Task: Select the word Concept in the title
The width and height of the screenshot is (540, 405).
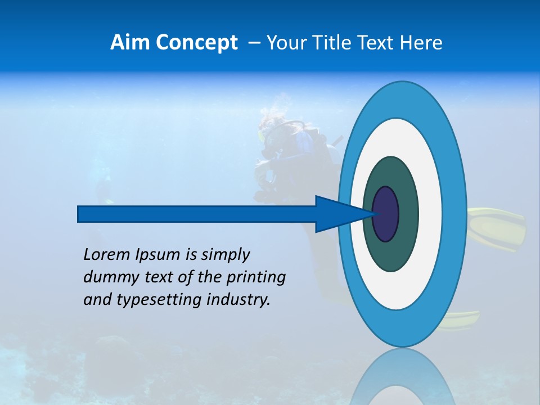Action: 196,43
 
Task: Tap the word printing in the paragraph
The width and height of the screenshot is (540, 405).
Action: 256,277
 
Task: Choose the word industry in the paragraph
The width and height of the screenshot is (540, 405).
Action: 238,300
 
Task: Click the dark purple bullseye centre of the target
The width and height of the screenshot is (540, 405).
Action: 386,214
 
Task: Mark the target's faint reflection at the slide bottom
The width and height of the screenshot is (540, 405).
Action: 402,380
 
